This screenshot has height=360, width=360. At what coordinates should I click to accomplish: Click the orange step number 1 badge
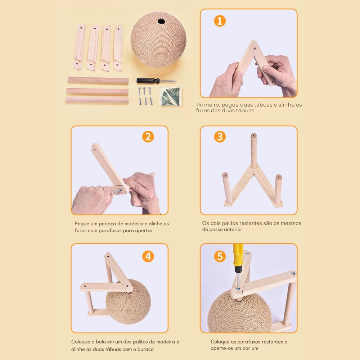(220, 21)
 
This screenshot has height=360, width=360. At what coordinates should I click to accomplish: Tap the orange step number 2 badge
(148, 137)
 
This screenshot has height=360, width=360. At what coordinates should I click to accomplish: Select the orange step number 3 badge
(220, 136)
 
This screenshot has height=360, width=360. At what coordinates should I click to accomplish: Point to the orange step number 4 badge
(148, 256)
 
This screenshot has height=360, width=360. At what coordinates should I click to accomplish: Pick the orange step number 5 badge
(220, 256)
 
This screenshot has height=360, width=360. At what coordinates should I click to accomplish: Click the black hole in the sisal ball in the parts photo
(161, 22)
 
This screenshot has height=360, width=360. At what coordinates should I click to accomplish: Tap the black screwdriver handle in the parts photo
(148, 81)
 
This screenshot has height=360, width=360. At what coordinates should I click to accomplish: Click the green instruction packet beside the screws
(171, 96)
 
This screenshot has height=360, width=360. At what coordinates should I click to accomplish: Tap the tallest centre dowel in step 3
(253, 151)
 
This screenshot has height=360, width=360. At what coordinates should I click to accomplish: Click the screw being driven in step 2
(116, 191)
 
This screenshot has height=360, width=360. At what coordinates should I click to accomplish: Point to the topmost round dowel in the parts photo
(98, 81)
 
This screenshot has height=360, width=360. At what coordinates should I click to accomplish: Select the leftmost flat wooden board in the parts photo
(79, 47)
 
